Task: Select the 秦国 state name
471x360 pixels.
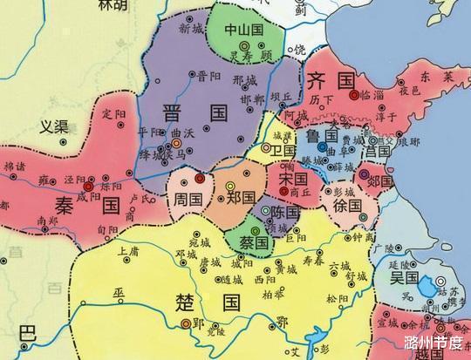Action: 86,207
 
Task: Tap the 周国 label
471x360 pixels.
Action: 188,200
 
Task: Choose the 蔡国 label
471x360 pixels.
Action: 246,241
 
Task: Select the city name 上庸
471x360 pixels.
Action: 127,251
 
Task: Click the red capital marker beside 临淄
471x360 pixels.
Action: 354,94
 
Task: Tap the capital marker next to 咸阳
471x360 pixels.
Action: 88,186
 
